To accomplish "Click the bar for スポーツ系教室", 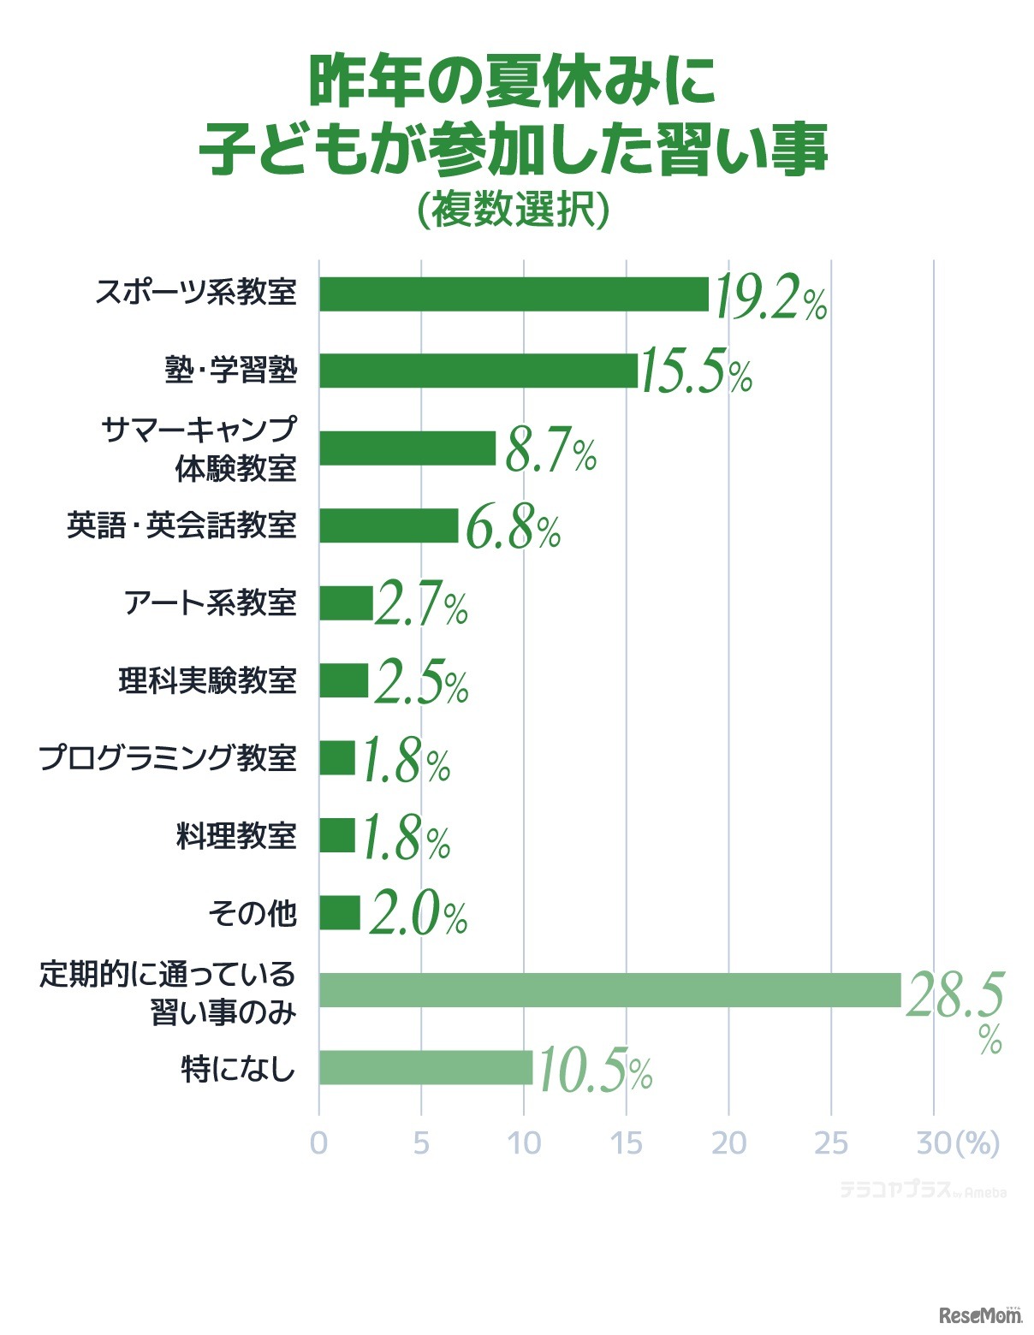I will click(x=514, y=294).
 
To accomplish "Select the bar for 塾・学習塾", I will click(x=478, y=371).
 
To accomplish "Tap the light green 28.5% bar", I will click(x=609, y=990).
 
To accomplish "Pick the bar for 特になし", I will click(x=425, y=1067).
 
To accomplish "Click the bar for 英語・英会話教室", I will click(x=389, y=525).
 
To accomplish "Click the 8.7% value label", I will click(x=550, y=451).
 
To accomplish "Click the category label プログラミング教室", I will click(x=169, y=758).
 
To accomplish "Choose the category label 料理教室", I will click(x=236, y=835).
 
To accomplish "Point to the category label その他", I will click(x=253, y=913).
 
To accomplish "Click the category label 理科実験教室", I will click(x=207, y=681).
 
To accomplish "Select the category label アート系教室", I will click(x=211, y=603).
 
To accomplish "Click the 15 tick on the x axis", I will click(x=627, y=1143).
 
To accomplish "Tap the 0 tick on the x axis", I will click(x=318, y=1143).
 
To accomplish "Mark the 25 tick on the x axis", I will click(x=830, y=1143).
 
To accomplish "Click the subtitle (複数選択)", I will click(x=514, y=209).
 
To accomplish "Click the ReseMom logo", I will click(x=981, y=1314).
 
